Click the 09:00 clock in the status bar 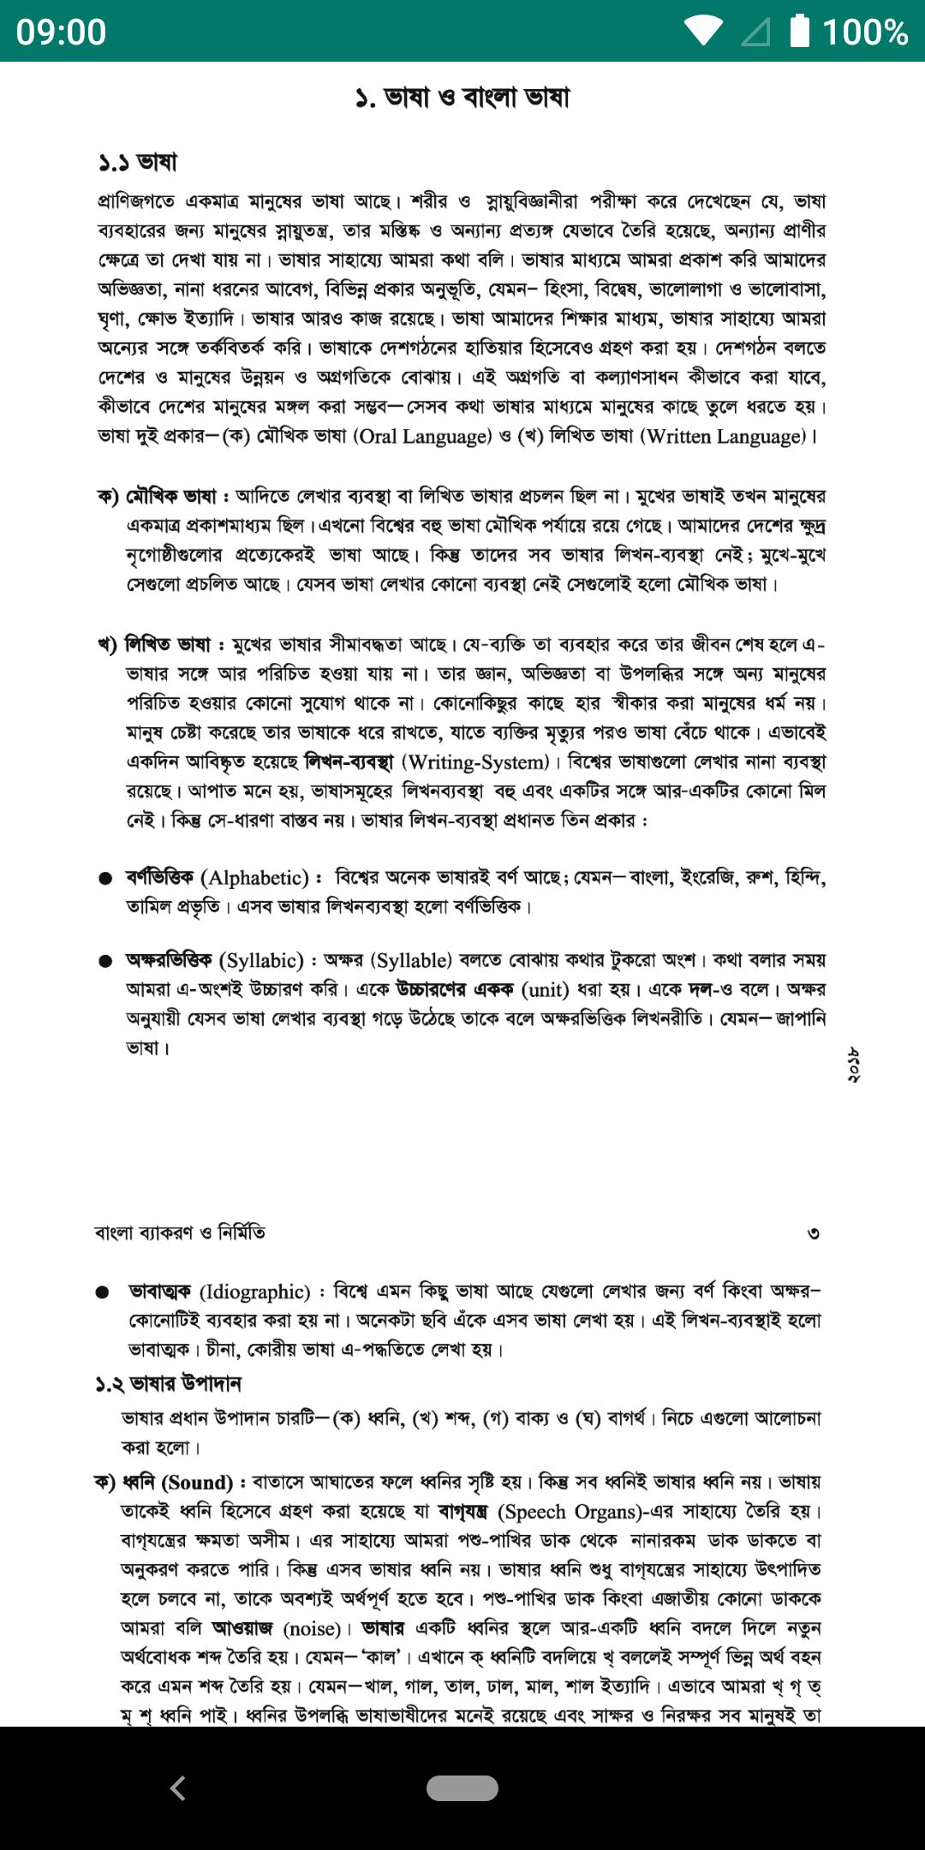click(x=61, y=32)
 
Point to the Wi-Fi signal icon click(x=703, y=31)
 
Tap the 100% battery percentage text click(x=865, y=32)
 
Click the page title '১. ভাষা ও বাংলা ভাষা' click(x=462, y=98)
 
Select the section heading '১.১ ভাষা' click(x=137, y=162)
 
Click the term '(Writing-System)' click(x=475, y=761)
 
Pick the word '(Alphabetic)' click(x=254, y=877)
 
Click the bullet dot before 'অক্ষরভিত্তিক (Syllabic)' click(x=105, y=961)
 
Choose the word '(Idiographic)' click(x=254, y=1292)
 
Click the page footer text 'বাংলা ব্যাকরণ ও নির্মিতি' click(x=180, y=1232)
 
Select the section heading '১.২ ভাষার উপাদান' click(x=168, y=1383)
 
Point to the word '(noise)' click(x=311, y=1628)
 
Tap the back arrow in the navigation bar click(x=178, y=1788)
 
